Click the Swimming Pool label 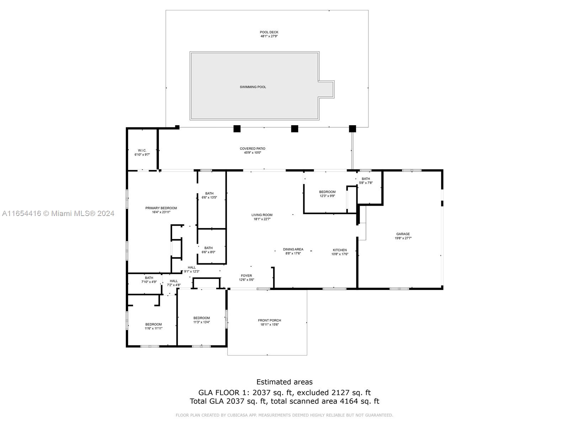pos(253,87)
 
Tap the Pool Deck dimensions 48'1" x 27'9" pos(269,36)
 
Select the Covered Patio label pos(252,148)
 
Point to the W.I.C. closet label pos(142,151)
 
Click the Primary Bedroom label pos(161,208)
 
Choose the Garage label pos(403,234)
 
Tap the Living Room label pos(262,215)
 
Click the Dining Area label pos(293,249)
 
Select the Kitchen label pos(340,250)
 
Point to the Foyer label pos(246,275)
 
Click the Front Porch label pos(269,320)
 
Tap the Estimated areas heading pos(284,382)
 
